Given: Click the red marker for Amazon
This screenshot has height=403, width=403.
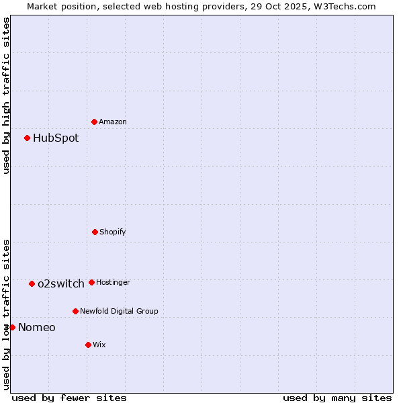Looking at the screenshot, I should [x=94, y=122].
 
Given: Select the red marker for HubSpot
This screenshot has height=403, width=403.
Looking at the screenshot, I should [x=27, y=138].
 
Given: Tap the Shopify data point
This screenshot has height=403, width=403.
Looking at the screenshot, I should [x=95, y=232].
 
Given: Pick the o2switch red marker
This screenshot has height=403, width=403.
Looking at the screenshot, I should [x=32, y=283].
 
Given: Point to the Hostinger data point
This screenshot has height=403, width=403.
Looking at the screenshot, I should [x=91, y=282].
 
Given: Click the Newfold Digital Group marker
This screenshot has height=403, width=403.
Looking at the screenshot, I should [x=75, y=311].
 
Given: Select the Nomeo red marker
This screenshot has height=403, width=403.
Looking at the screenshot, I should [x=12, y=327].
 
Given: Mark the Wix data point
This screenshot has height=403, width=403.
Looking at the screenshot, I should [x=88, y=345].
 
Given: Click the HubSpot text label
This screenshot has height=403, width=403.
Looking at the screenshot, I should [x=56, y=138].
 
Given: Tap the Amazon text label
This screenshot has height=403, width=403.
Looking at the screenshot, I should [x=113, y=122].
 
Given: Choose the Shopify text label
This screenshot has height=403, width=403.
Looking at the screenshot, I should [x=113, y=232].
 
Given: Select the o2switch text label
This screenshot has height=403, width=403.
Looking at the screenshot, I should [x=61, y=284].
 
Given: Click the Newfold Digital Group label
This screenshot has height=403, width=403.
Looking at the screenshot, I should [x=119, y=312].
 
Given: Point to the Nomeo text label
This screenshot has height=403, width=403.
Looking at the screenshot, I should [x=37, y=328].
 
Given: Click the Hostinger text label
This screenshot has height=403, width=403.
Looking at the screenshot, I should [x=113, y=283].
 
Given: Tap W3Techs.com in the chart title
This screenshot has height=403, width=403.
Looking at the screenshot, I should [x=343, y=6].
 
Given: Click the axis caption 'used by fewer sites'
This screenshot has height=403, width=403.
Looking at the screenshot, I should [x=69, y=398].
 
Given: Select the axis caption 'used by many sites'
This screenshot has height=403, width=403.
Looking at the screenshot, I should [x=337, y=398].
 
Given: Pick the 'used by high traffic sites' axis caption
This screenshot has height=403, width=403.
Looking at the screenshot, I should [x=6, y=95].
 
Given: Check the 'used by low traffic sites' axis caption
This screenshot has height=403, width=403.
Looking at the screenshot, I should [x=6, y=314].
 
